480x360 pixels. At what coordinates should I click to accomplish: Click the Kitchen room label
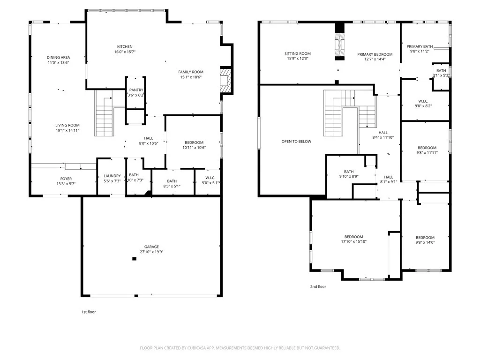[x=125, y=47]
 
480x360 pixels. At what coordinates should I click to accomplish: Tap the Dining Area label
[x=58, y=58]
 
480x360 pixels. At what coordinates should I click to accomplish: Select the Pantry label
[x=136, y=90]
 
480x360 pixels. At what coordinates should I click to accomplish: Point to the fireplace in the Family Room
[x=226, y=81]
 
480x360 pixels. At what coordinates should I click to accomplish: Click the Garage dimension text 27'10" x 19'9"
[x=151, y=252]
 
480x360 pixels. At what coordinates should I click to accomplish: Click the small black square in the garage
[x=134, y=259]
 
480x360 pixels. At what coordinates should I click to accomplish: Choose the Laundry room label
[x=112, y=176]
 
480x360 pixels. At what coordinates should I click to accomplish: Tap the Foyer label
[x=66, y=179]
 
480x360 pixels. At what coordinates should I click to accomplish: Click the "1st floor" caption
[x=89, y=312]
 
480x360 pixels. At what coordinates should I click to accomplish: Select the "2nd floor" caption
[x=318, y=286]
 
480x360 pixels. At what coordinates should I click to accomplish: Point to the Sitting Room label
[x=298, y=53]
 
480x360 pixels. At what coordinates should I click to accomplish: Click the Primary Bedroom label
[x=375, y=54]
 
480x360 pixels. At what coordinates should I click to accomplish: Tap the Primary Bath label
[x=420, y=46]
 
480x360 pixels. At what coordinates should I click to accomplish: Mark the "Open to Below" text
[x=296, y=142]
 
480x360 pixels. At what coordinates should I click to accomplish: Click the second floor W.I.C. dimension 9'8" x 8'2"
[x=423, y=106]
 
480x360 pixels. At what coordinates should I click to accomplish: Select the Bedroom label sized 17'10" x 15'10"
[x=353, y=237]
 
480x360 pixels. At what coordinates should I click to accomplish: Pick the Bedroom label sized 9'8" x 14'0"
[x=425, y=238]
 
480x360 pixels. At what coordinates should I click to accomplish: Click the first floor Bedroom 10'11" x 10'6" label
[x=194, y=142]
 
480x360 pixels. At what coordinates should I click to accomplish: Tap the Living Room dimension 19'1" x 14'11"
[x=67, y=130]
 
